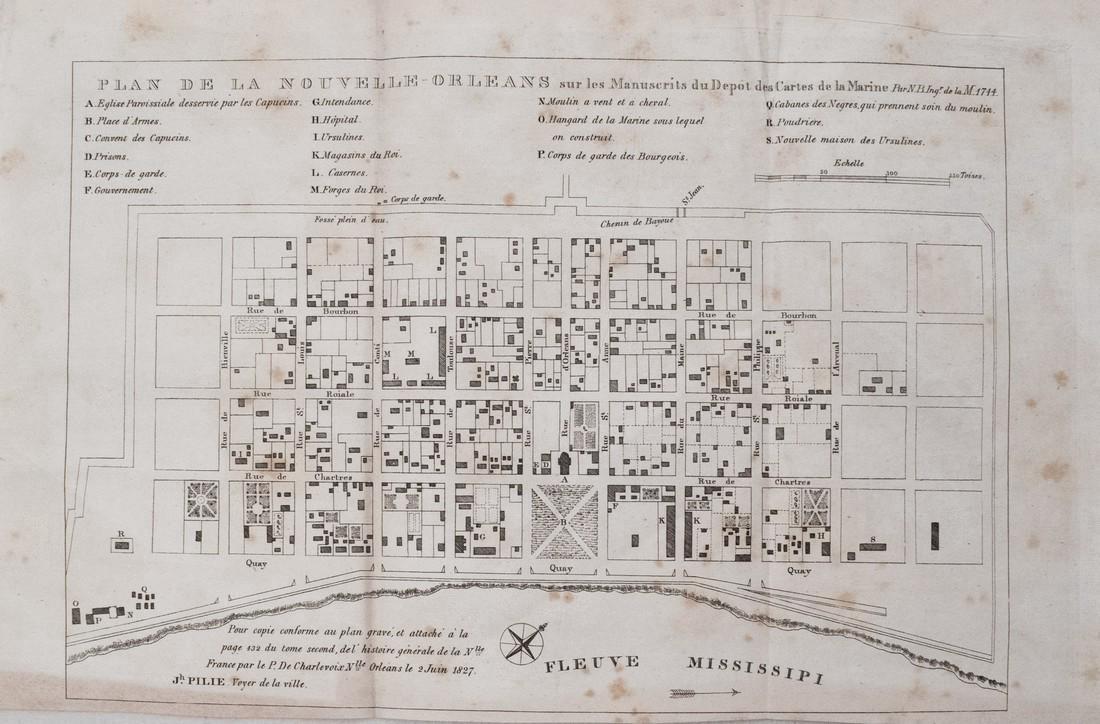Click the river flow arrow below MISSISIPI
704,692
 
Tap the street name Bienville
225,351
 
